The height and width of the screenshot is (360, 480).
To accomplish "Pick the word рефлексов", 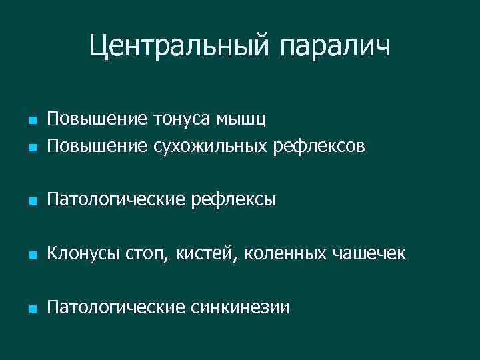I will point(319,144).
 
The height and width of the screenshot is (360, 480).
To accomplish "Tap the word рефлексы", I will point(233,199).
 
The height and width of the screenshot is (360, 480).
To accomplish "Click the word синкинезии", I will point(240,307).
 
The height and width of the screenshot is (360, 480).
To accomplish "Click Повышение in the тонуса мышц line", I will point(87,119).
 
